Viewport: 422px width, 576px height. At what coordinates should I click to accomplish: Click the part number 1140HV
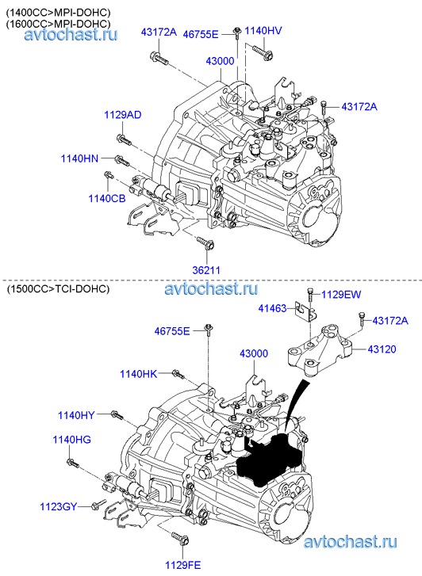(x=263, y=30)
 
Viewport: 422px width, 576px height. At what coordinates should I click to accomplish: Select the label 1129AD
(x=122, y=115)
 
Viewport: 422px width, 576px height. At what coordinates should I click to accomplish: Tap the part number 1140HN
(x=79, y=158)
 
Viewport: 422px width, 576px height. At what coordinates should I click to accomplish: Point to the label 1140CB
(x=107, y=198)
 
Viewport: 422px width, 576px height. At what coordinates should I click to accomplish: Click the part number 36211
(x=206, y=270)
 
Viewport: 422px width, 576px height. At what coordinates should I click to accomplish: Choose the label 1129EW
(x=341, y=295)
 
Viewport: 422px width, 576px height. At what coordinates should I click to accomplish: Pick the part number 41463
(x=272, y=308)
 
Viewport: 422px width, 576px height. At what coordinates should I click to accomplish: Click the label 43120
(x=382, y=349)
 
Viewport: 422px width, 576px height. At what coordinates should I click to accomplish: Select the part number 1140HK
(x=138, y=374)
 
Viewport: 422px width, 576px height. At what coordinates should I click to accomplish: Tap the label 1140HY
(x=76, y=415)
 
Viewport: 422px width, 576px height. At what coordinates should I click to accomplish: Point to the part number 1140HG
(x=71, y=440)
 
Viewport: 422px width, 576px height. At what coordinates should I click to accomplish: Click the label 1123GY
(x=59, y=506)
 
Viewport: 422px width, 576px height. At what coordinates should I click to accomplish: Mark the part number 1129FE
(x=183, y=565)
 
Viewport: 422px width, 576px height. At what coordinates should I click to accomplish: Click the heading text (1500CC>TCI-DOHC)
(x=58, y=289)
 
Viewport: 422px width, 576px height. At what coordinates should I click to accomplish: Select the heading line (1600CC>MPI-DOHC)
(x=58, y=24)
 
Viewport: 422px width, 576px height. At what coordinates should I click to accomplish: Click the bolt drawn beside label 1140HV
(x=263, y=51)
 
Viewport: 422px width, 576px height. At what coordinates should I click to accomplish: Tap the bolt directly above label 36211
(x=205, y=243)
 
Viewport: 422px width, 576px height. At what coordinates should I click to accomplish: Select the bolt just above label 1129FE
(x=180, y=538)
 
